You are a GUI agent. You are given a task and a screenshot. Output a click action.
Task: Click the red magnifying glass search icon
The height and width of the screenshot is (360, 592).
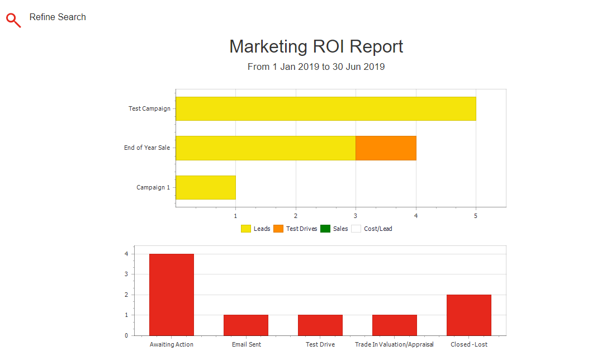[13, 20]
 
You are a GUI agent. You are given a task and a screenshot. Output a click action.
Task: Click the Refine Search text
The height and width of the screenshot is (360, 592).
[58, 17]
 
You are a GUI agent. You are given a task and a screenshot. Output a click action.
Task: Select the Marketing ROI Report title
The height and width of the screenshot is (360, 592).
[316, 46]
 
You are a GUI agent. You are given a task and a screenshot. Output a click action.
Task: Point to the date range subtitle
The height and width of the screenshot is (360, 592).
[316, 67]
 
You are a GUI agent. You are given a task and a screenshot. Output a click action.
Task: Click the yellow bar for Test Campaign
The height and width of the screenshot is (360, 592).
[326, 108]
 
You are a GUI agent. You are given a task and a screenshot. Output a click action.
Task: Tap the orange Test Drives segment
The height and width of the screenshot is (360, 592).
[386, 148]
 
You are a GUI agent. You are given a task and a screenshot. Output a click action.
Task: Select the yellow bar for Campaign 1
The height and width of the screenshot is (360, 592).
[206, 187]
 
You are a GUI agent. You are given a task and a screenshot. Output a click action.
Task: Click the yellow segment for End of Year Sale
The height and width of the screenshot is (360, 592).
[266, 148]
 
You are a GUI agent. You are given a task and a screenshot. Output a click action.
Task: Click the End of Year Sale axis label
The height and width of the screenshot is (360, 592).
[147, 148]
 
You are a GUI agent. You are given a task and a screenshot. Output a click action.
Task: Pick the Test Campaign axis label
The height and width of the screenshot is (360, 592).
[149, 108]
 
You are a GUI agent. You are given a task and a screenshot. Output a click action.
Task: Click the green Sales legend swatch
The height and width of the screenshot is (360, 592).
[325, 229]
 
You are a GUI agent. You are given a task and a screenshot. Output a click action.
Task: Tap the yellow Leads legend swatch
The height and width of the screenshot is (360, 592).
[246, 229]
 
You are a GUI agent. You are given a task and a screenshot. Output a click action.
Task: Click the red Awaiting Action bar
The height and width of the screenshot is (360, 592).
[172, 295]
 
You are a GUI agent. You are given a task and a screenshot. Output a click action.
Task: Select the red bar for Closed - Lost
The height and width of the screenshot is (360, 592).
[469, 315]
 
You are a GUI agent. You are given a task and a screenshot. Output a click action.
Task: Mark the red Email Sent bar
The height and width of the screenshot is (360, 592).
[246, 325]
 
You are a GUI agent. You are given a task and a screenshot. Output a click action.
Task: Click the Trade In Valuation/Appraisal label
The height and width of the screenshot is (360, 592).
[394, 344]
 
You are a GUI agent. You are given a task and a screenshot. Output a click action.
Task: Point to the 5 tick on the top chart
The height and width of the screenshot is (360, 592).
[476, 215]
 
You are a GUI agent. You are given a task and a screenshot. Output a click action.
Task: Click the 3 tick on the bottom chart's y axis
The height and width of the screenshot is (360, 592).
[126, 274]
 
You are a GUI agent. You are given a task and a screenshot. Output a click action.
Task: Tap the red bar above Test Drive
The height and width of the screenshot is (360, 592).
[320, 325]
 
